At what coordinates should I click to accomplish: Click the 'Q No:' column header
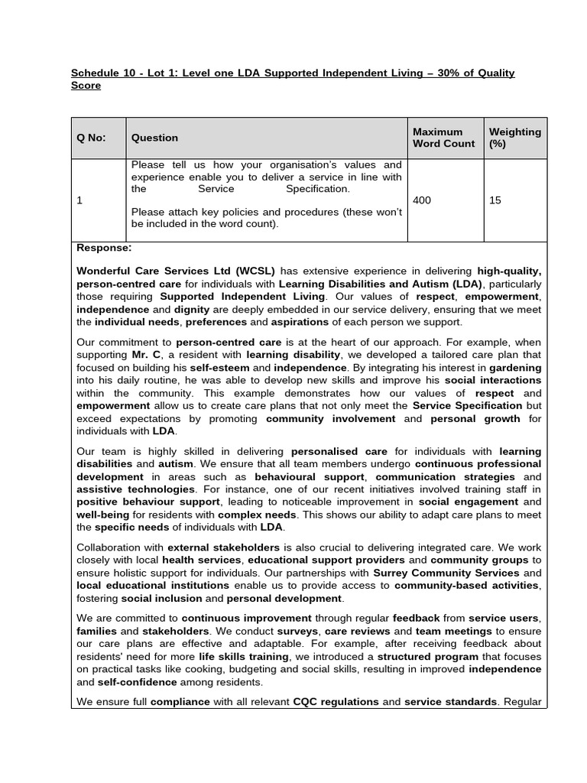click(91, 138)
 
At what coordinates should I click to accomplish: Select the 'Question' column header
click(154, 138)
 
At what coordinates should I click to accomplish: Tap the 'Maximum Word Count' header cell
click(443, 138)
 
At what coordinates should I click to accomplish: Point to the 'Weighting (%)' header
click(514, 138)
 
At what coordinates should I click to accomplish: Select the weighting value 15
click(495, 200)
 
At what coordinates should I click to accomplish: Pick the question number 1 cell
click(79, 200)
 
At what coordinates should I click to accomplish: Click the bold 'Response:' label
click(104, 248)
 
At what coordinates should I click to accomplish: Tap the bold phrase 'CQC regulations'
click(336, 701)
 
